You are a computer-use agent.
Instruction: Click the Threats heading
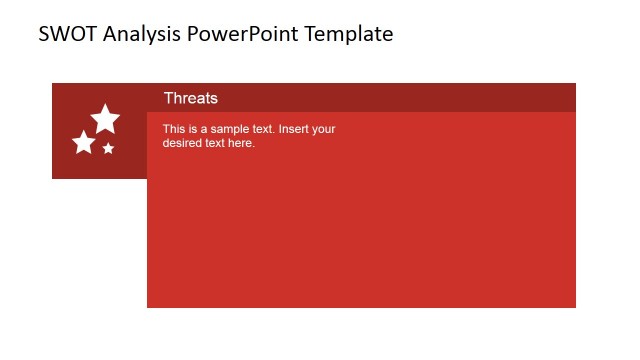click(x=190, y=98)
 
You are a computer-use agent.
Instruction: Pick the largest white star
click(x=105, y=119)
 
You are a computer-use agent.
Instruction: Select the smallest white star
click(x=108, y=148)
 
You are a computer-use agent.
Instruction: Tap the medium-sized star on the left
click(x=84, y=143)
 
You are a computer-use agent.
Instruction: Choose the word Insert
click(x=298, y=129)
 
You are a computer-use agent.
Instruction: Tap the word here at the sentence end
click(x=242, y=143)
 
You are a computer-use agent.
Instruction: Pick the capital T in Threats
click(x=168, y=98)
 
